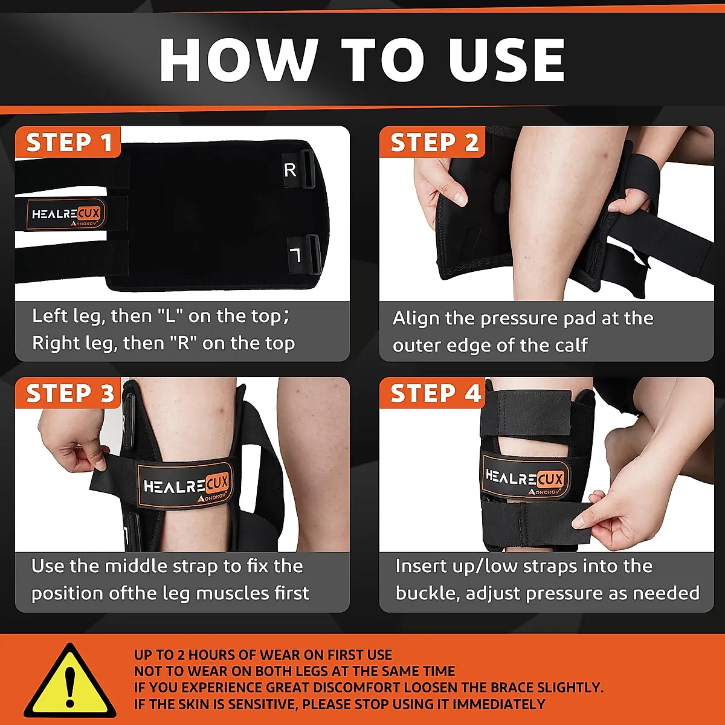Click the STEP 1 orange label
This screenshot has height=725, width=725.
pyautogui.click(x=68, y=143)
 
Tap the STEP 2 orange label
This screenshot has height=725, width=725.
pyautogui.click(x=433, y=143)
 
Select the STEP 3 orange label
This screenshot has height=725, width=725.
pyautogui.click(x=69, y=393)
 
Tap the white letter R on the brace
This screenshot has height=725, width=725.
pyautogui.click(x=290, y=170)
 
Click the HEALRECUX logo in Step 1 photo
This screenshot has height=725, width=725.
pyautogui.click(x=66, y=214)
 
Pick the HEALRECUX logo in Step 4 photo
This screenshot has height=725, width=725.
pyautogui.click(x=524, y=480)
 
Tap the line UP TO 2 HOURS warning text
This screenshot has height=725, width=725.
pyautogui.click(x=263, y=655)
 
